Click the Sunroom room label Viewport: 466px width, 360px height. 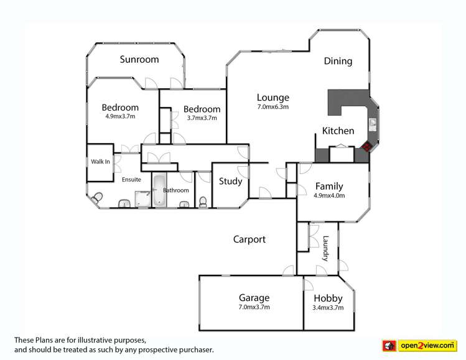click(139, 60)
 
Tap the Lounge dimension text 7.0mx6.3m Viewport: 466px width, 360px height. click(273, 107)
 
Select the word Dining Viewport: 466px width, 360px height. click(338, 61)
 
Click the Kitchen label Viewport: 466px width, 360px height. click(338, 131)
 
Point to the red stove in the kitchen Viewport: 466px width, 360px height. click(367, 147)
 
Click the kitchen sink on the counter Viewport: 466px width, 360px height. click(373, 124)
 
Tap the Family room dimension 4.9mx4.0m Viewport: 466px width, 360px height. click(329, 195)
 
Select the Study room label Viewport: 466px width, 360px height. click(231, 182)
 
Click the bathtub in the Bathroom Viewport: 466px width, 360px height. click(159, 190)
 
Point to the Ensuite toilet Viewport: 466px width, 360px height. click(96, 198)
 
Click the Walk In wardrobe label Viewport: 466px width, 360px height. click(100, 162)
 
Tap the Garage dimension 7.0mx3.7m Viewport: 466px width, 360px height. click(254, 307)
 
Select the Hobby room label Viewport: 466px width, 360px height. click(328, 298)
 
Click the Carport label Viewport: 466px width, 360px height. click(249, 239)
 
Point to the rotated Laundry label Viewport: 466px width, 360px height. click(326, 248)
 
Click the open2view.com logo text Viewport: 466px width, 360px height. click(427, 346)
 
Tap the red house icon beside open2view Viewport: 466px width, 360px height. click(389, 346)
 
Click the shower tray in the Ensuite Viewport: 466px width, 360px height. click(143, 199)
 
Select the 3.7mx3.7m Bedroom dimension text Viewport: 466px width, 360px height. click(202, 118)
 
